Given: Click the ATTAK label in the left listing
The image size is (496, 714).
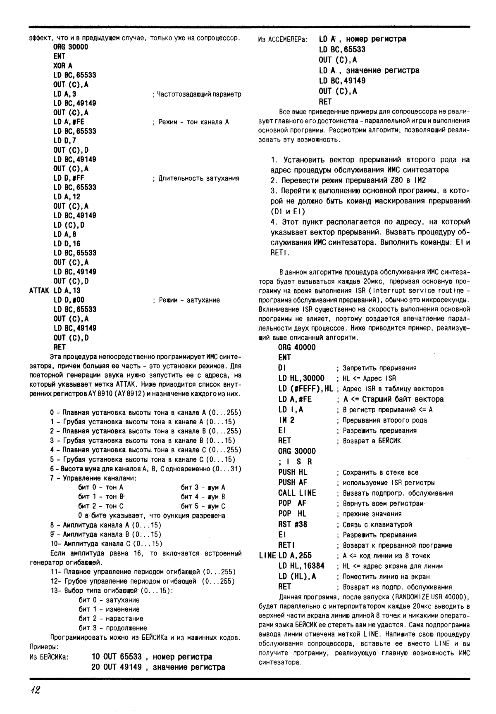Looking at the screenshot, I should point(40,291).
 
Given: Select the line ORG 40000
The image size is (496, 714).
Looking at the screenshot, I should point(296,347).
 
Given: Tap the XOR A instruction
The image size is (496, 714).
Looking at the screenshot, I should point(63,66).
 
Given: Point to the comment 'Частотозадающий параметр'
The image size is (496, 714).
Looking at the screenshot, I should point(197,94).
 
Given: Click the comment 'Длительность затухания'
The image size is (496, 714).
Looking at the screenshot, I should point(196,178).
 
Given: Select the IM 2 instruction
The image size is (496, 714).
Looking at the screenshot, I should point(286,420).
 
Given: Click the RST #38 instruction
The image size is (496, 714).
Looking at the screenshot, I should point(292,524).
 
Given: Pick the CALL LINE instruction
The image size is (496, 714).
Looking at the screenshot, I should point(297,493).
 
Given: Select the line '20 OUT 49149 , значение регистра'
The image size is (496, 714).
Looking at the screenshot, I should point(158,667).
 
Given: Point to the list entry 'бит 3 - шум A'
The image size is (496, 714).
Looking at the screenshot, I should point(203,487).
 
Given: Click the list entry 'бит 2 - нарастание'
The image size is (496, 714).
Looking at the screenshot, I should point(111,619).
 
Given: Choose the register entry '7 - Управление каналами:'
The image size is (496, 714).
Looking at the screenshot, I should point(93,478).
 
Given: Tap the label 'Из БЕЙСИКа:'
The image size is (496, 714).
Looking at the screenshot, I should point(49,657).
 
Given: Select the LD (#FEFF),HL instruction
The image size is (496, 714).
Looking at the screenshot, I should point(305,388).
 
